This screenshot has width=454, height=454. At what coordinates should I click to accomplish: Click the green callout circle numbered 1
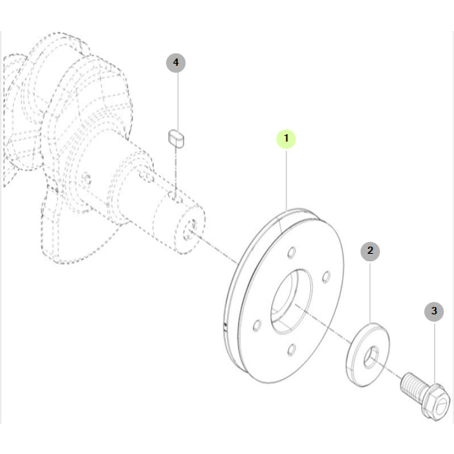coord(286,139)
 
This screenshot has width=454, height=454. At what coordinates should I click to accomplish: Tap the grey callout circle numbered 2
coord(370,251)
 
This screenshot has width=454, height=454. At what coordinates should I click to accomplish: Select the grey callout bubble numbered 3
coord(434,311)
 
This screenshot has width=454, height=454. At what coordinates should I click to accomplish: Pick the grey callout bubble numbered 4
coord(176,63)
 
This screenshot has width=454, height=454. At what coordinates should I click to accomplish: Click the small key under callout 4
coord(176,139)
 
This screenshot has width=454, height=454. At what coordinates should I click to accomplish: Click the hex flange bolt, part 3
coord(425,396)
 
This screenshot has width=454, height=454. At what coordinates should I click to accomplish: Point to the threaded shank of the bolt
coord(413,385)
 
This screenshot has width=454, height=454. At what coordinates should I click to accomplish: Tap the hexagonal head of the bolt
coord(437,403)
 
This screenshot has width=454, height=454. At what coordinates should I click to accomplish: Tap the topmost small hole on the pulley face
coord(292,252)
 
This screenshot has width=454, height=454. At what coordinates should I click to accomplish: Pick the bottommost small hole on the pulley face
coord(292,350)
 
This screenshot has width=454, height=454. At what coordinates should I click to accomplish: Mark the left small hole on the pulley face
coord(257,325)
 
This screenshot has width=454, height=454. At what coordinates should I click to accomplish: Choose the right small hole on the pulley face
coord(326,276)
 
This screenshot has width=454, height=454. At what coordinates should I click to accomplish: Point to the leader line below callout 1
coord(286,179)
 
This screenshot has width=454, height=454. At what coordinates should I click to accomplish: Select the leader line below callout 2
coord(370,292)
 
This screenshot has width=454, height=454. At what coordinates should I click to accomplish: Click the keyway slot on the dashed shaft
coord(173,195)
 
